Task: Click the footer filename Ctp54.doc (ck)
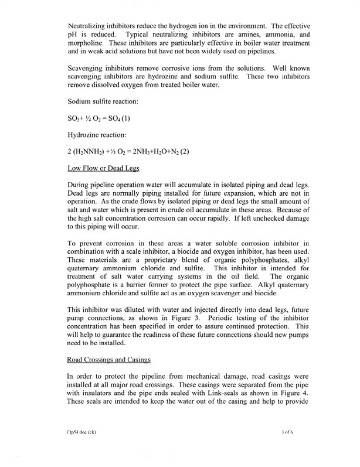pos(86,449)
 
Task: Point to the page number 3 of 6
pos(290,449)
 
